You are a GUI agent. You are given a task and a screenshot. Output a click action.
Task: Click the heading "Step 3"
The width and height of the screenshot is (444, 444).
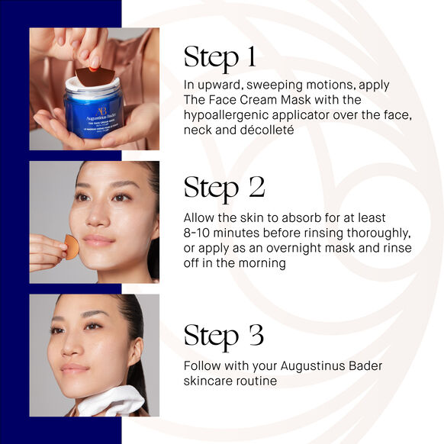pos(223,336)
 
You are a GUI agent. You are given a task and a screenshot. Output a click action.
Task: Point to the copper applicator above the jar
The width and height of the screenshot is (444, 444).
pos(95,76)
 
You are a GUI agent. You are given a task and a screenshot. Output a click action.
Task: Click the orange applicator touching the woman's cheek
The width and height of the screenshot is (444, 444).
pos(71,246)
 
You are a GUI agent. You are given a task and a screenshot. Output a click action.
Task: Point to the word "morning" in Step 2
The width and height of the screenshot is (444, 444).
pos(261,262)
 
